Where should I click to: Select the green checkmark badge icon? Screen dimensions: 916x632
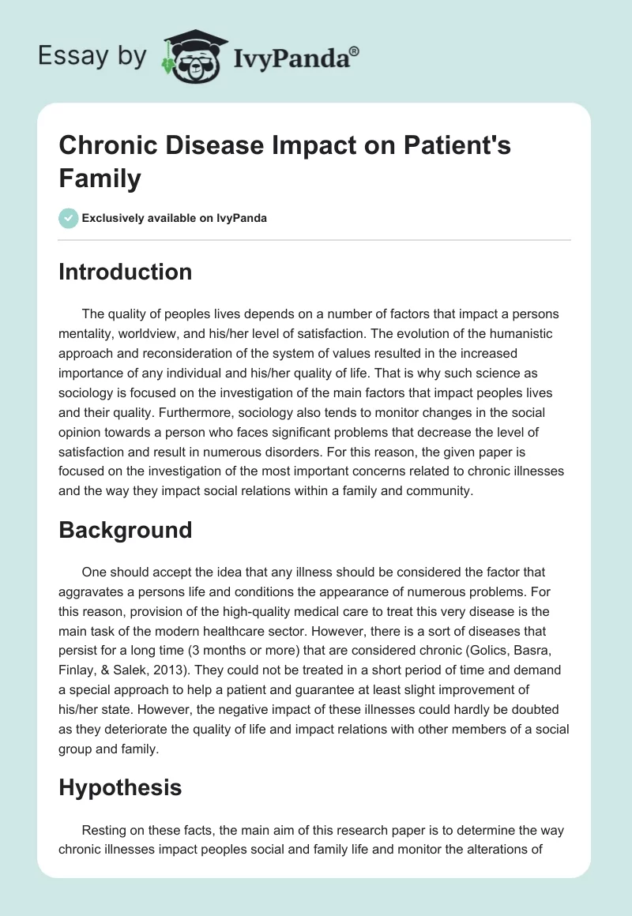69,218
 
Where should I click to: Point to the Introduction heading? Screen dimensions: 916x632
126,272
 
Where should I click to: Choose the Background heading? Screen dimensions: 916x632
126,529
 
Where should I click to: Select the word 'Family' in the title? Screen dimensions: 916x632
100,178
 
